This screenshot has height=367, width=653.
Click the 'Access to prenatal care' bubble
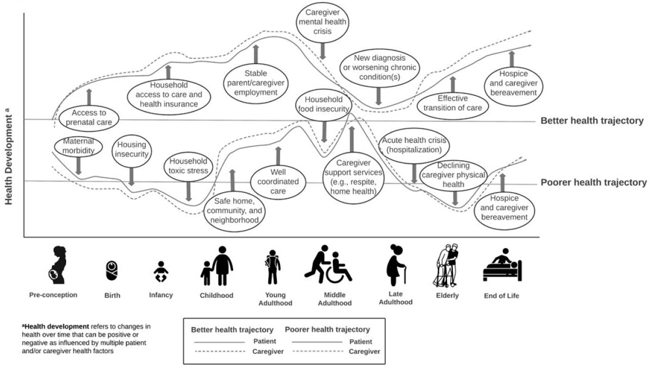(89, 117)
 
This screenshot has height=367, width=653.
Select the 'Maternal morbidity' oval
(78, 146)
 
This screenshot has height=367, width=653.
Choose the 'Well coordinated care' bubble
(277, 182)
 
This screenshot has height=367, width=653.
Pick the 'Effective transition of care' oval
(453, 103)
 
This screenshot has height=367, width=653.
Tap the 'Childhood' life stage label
(217, 296)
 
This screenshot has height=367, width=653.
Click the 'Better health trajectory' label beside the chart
(592, 121)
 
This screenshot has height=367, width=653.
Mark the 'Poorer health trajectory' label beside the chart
(593, 183)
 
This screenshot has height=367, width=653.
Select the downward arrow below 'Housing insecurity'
(132, 175)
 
